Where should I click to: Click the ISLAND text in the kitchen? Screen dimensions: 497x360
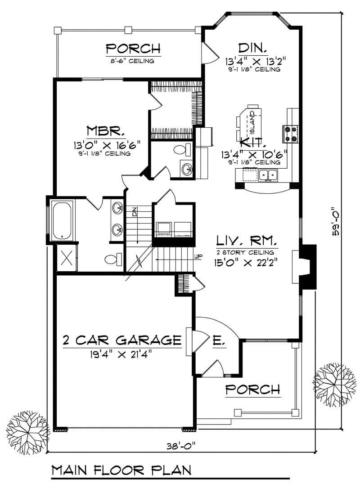pyautogui.click(x=252, y=121)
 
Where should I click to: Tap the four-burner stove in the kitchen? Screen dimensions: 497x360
pyautogui.click(x=289, y=134)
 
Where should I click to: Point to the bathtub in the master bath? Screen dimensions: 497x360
pyautogui.click(x=62, y=220)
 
